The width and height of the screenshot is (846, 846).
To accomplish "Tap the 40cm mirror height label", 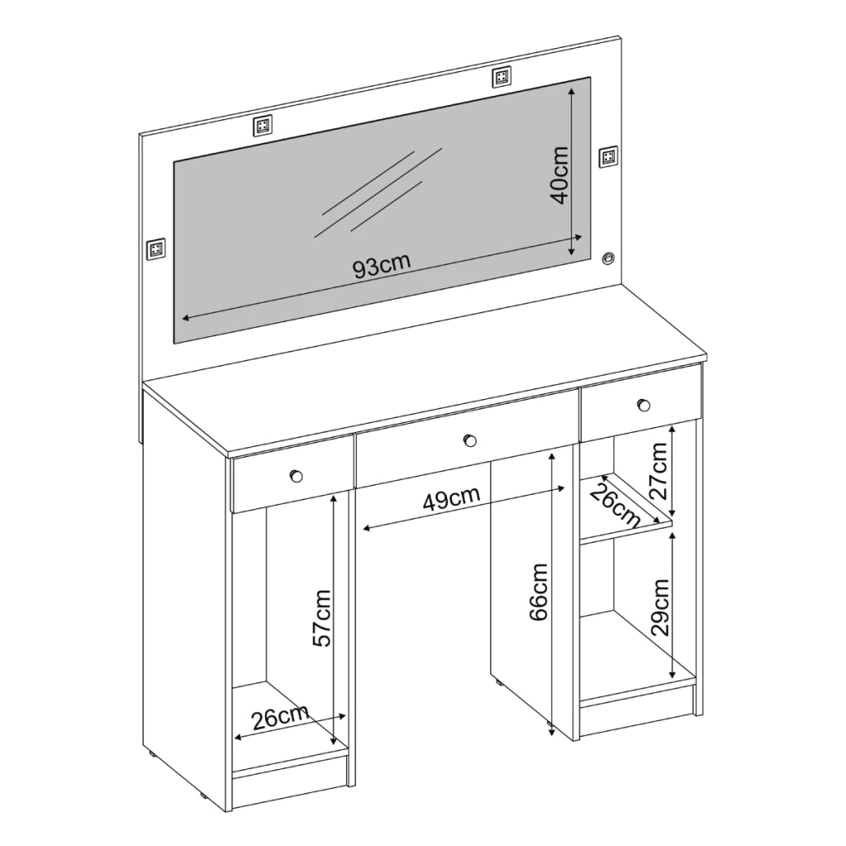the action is (x=559, y=175).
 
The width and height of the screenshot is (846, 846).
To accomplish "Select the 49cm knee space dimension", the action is (x=451, y=498).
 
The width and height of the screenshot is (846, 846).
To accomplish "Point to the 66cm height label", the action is (x=539, y=592).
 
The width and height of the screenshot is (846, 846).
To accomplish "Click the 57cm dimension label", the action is (x=322, y=618).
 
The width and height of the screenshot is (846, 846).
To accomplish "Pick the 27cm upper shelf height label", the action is (x=658, y=470).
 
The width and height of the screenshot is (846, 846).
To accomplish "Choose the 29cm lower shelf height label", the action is (x=660, y=607).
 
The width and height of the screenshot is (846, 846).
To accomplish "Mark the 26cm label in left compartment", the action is (x=280, y=717).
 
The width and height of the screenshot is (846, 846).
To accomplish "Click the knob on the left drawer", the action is (x=296, y=476).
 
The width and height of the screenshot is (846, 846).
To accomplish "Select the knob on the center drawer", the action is (x=470, y=440).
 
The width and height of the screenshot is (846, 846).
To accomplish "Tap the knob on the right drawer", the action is (x=643, y=405).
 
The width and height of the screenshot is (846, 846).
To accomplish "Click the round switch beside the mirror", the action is (x=608, y=258).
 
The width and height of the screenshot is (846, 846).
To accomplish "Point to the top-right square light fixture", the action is (x=501, y=77).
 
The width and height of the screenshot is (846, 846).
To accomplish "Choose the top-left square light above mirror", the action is (x=262, y=126).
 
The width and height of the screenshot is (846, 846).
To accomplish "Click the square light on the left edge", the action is (x=156, y=249).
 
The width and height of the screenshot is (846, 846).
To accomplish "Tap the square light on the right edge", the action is (x=609, y=156).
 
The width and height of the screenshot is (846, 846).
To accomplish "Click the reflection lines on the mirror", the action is (x=378, y=192).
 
